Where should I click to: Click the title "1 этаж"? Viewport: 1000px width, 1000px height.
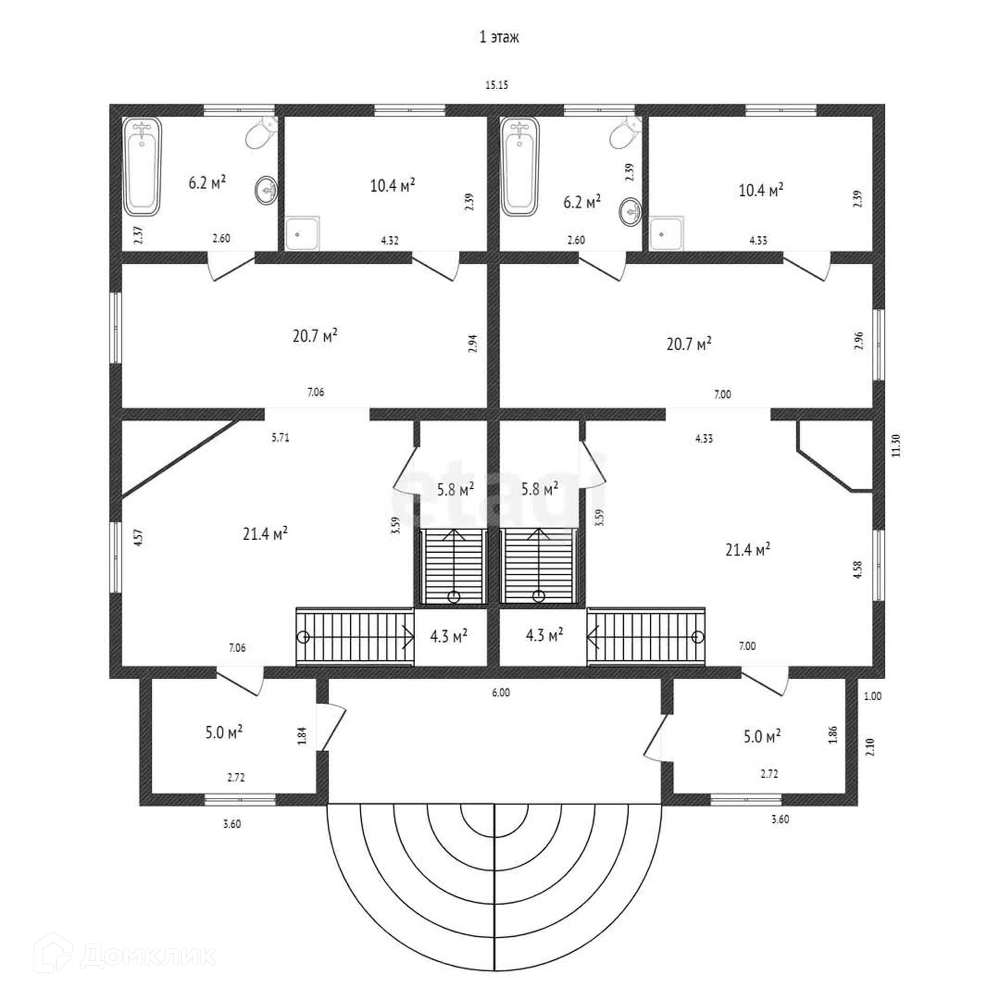coord(499,37)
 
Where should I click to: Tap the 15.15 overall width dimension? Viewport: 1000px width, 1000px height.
coord(496,85)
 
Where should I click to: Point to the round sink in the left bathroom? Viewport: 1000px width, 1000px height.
coord(266,190)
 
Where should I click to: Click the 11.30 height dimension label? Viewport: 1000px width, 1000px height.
coord(895,445)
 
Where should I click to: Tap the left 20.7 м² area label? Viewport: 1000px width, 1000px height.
coord(315,335)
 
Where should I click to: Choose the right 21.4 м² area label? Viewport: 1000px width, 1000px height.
coord(747,549)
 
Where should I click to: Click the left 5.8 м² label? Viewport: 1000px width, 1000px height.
coord(455,489)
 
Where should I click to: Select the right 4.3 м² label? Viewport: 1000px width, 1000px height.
coord(544,635)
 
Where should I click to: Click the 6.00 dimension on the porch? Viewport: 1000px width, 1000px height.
coord(501,692)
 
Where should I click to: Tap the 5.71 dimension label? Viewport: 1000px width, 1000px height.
coord(280,438)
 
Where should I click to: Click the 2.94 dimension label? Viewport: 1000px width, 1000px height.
coord(473,344)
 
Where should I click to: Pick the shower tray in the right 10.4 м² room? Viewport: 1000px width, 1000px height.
coord(667,233)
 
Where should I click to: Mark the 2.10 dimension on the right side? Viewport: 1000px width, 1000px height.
coord(870,747)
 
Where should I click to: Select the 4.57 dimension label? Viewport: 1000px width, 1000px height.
coord(138,537)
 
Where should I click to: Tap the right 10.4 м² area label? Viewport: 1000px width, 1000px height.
coord(760,190)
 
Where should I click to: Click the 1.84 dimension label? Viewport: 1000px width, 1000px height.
coord(303,735)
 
